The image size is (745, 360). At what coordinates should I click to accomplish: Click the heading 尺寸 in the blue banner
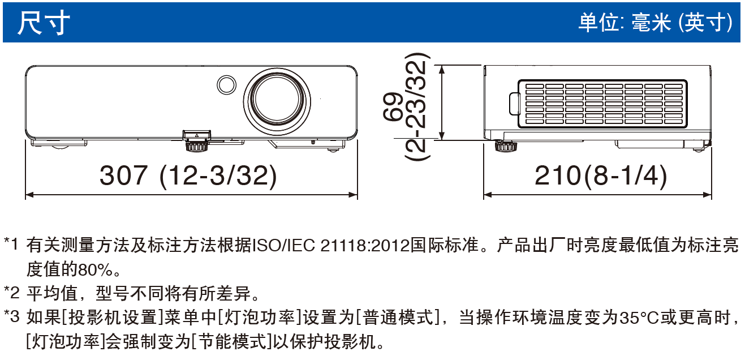click(x=44, y=22)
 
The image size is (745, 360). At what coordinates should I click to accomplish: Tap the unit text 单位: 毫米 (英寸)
click(x=655, y=22)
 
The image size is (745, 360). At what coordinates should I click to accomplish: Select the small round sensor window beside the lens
click(x=226, y=84)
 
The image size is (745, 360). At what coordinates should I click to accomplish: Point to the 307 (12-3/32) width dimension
click(x=188, y=175)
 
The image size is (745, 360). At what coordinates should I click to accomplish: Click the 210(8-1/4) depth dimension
click(x=601, y=175)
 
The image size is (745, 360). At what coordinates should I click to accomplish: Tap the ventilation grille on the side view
click(x=602, y=104)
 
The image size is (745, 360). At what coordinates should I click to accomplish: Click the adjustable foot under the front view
click(x=196, y=145)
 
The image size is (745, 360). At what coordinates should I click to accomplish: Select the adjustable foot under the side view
click(x=506, y=145)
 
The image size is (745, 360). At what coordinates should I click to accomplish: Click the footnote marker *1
click(x=11, y=245)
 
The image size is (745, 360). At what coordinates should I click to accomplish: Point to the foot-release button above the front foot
click(x=196, y=135)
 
